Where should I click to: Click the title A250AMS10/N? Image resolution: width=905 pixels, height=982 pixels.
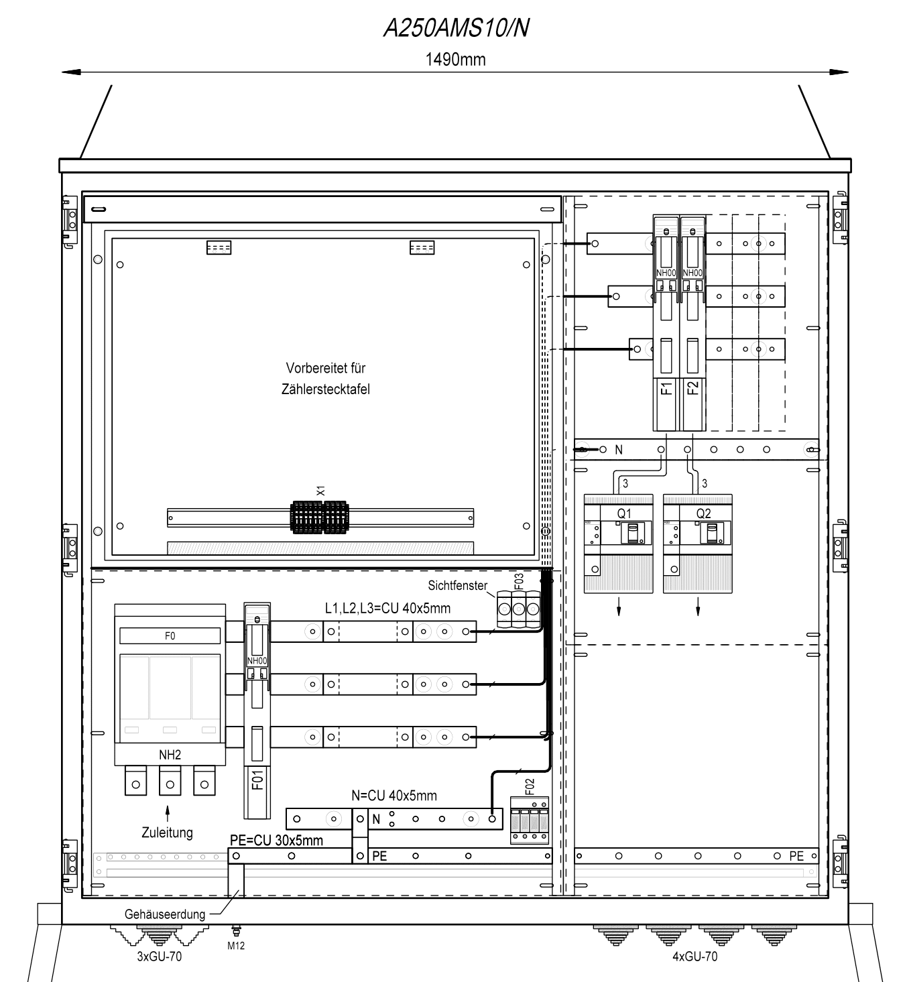click(x=456, y=28)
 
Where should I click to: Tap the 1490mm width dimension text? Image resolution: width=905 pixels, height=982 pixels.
click(x=455, y=60)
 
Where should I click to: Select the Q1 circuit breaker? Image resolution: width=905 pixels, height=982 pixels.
click(x=618, y=544)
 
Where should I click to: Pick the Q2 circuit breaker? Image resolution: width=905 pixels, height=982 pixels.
click(x=697, y=544)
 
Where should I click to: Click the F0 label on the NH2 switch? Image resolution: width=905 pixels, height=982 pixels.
click(x=170, y=636)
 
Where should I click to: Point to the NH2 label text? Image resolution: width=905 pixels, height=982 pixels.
click(x=170, y=755)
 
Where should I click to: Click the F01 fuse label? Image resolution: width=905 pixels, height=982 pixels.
click(x=257, y=780)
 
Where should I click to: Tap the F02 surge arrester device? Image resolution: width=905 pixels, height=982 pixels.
click(x=530, y=820)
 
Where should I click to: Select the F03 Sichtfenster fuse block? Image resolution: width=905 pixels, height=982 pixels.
click(x=519, y=609)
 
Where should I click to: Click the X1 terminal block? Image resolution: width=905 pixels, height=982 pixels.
click(x=319, y=517)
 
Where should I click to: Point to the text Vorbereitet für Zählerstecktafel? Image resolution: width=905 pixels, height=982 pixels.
click(x=326, y=379)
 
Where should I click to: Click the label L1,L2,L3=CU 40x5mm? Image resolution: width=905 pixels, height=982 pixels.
click(x=388, y=609)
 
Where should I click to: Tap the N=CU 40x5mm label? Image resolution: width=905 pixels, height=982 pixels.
click(x=394, y=796)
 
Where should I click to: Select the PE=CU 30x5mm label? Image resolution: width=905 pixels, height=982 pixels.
click(x=277, y=841)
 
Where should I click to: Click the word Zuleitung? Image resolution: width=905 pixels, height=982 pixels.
click(x=167, y=833)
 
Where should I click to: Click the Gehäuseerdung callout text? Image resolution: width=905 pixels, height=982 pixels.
click(x=164, y=914)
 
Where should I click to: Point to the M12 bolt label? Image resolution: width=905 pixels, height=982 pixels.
click(x=236, y=946)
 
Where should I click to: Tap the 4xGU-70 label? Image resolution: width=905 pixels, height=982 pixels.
click(x=695, y=956)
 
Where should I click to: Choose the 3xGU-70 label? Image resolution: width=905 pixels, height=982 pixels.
click(x=159, y=956)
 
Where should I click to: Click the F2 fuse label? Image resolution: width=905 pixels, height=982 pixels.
click(x=693, y=388)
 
